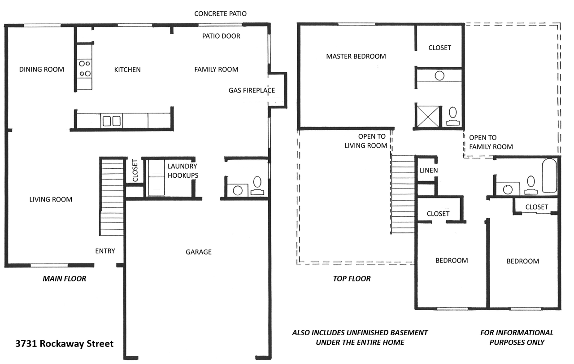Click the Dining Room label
tap(42, 70)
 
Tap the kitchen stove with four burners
tap(85, 68)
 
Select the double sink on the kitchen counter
tap(111, 121)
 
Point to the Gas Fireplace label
tap(252, 91)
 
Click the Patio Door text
tap(221, 36)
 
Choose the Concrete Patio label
tap(220, 14)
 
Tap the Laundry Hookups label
tap(183, 171)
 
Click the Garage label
tap(199, 252)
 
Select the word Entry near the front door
tap(105, 251)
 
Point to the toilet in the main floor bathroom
tap(257, 182)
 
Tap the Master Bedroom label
tap(356, 57)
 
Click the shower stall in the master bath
tap(426, 115)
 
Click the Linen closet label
tap(428, 171)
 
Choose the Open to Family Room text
tap(491, 142)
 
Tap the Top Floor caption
tap(352, 279)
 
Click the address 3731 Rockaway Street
tap(64, 344)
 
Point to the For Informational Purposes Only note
tap(517, 338)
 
